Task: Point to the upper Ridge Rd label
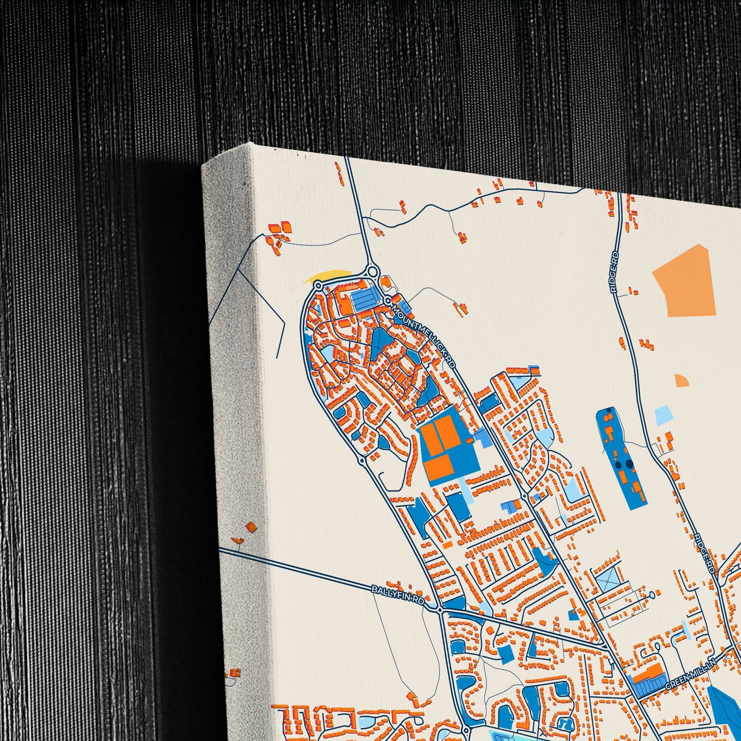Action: click(x=615, y=272)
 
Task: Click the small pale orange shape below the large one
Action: click(x=682, y=380)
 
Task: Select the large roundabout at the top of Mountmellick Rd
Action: click(x=373, y=270)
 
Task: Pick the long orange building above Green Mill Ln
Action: click(x=648, y=674)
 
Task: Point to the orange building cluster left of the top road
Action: click(x=277, y=234)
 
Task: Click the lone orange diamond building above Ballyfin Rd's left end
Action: click(x=251, y=527)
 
